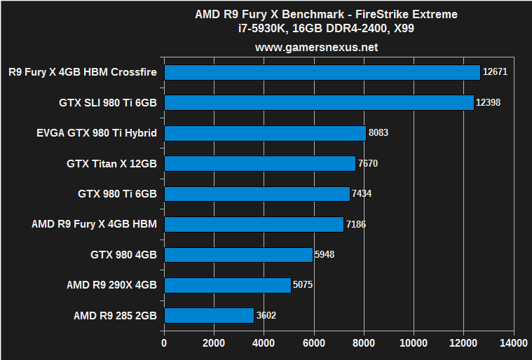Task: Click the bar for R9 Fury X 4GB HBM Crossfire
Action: click(x=322, y=72)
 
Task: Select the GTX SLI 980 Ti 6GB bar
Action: click(x=319, y=103)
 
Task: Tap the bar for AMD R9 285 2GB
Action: click(x=209, y=315)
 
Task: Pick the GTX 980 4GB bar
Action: click(x=238, y=254)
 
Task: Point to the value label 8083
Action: click(x=378, y=133)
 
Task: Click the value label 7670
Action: click(x=368, y=164)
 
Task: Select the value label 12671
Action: click(x=496, y=72)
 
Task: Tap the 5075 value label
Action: click(x=303, y=285)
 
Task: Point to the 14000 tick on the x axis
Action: click(x=513, y=343)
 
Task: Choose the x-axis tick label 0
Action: click(x=164, y=343)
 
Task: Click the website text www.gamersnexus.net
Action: click(x=316, y=48)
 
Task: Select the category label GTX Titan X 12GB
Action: click(x=111, y=164)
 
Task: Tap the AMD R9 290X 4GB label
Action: click(x=111, y=285)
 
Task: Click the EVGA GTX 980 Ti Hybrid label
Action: click(x=97, y=133)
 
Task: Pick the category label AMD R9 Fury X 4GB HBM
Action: click(x=94, y=224)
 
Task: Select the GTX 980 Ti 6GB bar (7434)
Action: click(x=257, y=194)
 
